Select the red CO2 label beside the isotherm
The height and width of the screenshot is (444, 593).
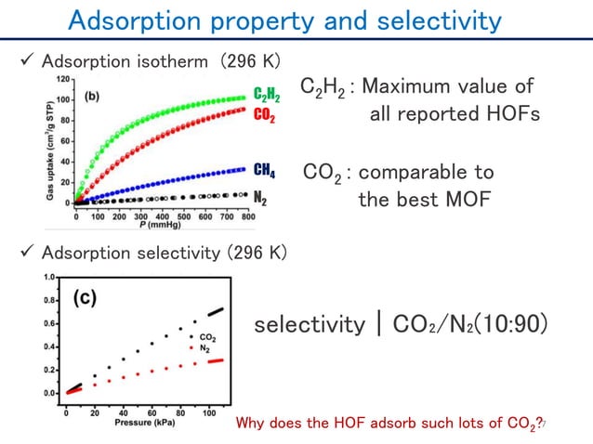point(264,115)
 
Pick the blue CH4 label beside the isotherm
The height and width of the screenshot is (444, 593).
point(264,170)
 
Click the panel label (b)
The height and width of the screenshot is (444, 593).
point(94,96)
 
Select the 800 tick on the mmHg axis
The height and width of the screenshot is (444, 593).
point(248,215)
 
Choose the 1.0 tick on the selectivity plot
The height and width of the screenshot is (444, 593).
point(48,278)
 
